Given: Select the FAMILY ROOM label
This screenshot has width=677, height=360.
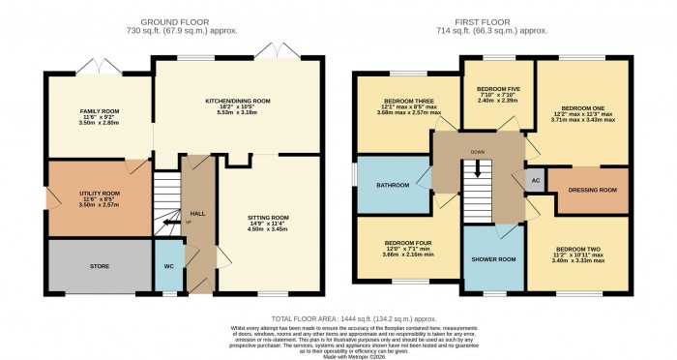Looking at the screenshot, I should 98,112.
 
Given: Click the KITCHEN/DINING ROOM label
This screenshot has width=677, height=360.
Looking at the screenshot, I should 237,101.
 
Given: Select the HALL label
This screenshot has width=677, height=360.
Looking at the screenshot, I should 198,213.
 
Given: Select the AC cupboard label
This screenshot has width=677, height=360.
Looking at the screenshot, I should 535,181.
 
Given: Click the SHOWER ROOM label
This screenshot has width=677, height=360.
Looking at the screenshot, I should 493,259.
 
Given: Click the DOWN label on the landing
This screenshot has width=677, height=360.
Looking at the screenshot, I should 478,152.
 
